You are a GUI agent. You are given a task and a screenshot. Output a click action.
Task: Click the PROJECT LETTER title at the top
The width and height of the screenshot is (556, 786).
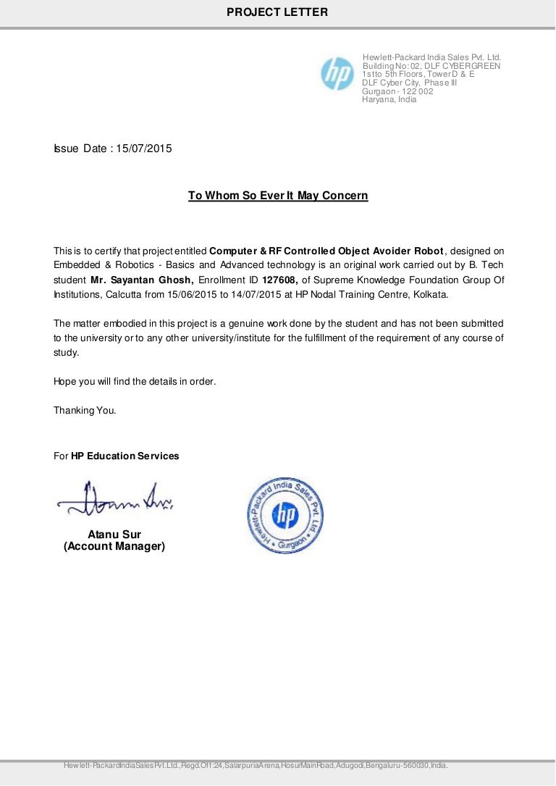pyautogui.click(x=277, y=12)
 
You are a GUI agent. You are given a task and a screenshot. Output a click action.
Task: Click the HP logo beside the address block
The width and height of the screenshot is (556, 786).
pyautogui.click(x=337, y=74)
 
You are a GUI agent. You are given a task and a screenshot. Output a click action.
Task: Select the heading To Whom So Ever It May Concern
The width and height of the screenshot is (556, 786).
pyautogui.click(x=278, y=196)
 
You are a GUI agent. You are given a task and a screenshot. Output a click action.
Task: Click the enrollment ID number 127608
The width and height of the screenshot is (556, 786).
pyautogui.click(x=279, y=280)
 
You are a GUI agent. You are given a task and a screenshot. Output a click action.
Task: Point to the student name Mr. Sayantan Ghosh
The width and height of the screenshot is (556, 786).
pyautogui.click(x=142, y=280)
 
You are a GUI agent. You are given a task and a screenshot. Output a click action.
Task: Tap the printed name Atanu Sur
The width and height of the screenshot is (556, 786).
pyautogui.click(x=114, y=535)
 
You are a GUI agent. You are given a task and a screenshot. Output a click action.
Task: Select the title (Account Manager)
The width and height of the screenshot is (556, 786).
pyautogui.click(x=114, y=546)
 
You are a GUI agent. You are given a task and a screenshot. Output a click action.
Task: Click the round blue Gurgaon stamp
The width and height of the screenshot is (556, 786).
pyautogui.click(x=285, y=515)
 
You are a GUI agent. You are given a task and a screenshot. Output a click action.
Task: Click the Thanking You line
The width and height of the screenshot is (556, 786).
pyautogui.click(x=85, y=411)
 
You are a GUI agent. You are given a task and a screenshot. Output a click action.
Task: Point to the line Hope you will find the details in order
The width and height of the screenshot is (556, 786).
pyautogui.click(x=135, y=381)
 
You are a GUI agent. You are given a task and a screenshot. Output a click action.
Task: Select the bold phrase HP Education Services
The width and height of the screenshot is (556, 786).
pyautogui.click(x=125, y=456)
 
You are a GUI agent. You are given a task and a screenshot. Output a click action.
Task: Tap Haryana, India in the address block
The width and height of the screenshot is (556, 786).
pyautogui.click(x=389, y=100)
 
